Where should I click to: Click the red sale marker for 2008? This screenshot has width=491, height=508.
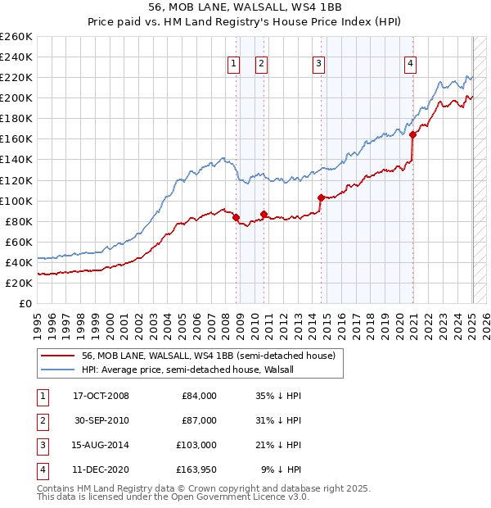tap(236, 217)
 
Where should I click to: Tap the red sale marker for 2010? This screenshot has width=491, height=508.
tap(264, 214)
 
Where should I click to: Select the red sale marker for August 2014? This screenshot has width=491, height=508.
tap(321, 197)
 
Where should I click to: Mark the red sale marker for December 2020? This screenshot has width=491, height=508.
tap(412, 135)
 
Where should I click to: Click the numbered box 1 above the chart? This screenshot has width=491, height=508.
tap(234, 64)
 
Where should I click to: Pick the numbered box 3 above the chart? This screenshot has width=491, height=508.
tap(318, 64)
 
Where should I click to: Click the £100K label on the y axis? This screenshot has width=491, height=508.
tap(16, 201)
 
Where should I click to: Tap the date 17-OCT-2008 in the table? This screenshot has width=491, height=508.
tap(101, 396)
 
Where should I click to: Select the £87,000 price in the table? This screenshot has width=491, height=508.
tap(199, 420)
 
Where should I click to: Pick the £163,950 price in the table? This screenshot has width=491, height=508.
tap(196, 469)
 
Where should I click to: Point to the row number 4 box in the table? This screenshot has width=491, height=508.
tap(41, 469)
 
